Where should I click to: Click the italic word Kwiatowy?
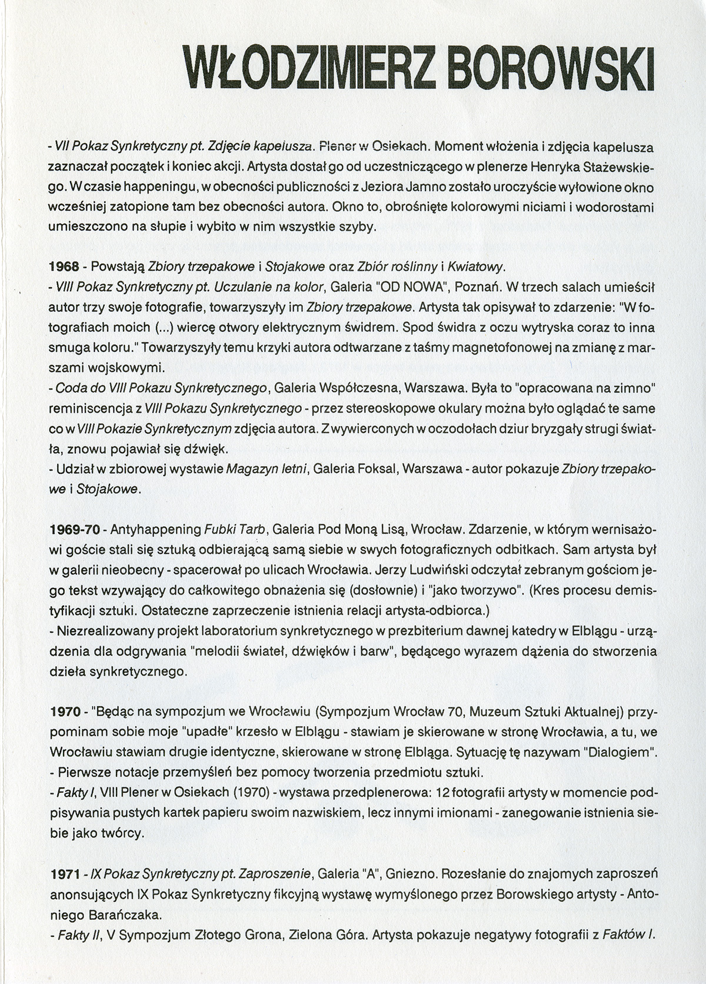pyautogui.click(x=476, y=267)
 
